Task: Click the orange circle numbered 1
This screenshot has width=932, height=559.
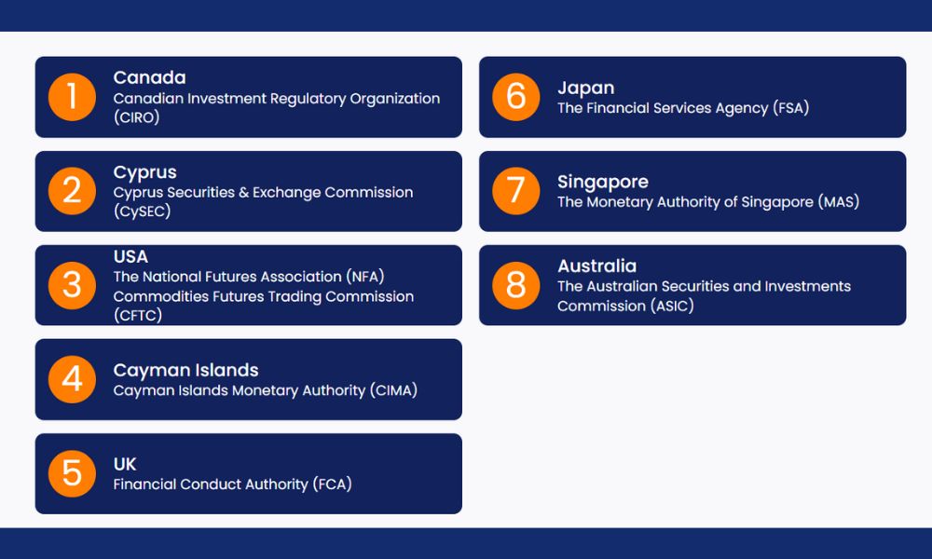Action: [72, 97]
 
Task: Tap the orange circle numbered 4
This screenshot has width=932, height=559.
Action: [72, 379]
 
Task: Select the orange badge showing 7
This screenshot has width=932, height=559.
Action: [516, 191]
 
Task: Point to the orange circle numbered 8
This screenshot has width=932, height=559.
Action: [516, 285]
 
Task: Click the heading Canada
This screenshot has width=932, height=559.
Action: [150, 78]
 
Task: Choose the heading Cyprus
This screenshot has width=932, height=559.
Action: [145, 172]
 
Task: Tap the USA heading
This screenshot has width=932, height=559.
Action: [130, 256]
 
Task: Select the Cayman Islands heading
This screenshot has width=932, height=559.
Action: [186, 370]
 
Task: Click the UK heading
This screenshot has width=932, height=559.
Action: [125, 464]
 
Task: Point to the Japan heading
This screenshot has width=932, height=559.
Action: [586, 88]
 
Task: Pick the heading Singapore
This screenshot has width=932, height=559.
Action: [603, 182]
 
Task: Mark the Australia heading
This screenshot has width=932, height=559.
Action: [596, 266]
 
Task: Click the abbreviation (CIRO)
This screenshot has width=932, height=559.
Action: [137, 117]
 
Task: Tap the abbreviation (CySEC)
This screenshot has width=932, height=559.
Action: [142, 211]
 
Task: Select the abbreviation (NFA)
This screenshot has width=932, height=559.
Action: [365, 276]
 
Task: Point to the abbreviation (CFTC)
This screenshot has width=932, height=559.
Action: [138, 315]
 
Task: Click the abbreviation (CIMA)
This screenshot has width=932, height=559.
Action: [393, 390]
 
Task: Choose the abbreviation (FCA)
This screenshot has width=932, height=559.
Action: [333, 484]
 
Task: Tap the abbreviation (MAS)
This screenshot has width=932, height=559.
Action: [839, 202]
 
